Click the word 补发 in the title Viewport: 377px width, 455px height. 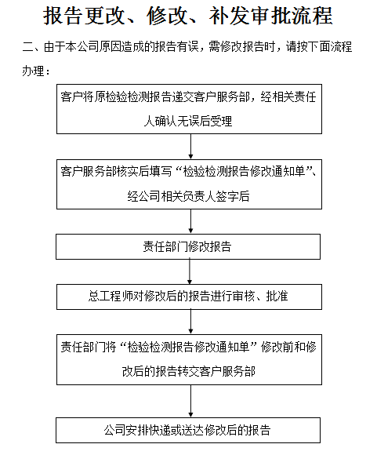pos(230,16)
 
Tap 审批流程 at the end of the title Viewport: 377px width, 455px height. pos(292,16)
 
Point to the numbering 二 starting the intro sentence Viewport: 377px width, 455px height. pos(28,47)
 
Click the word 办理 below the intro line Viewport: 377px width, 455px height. pos(33,71)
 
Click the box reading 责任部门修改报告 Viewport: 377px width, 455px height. pos(188,246)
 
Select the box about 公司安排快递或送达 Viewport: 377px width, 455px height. pos(188,430)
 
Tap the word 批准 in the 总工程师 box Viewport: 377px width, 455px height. pos(277,297)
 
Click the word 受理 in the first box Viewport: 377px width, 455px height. pos(221,122)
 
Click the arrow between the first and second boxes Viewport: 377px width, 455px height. pos(190,146)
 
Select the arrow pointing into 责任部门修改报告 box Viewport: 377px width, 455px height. pos(190,221)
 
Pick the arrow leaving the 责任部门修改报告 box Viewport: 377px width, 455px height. pos(190,271)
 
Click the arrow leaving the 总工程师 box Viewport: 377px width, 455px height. pos(190,322)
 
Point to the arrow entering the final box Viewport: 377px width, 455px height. pos(190,401)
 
